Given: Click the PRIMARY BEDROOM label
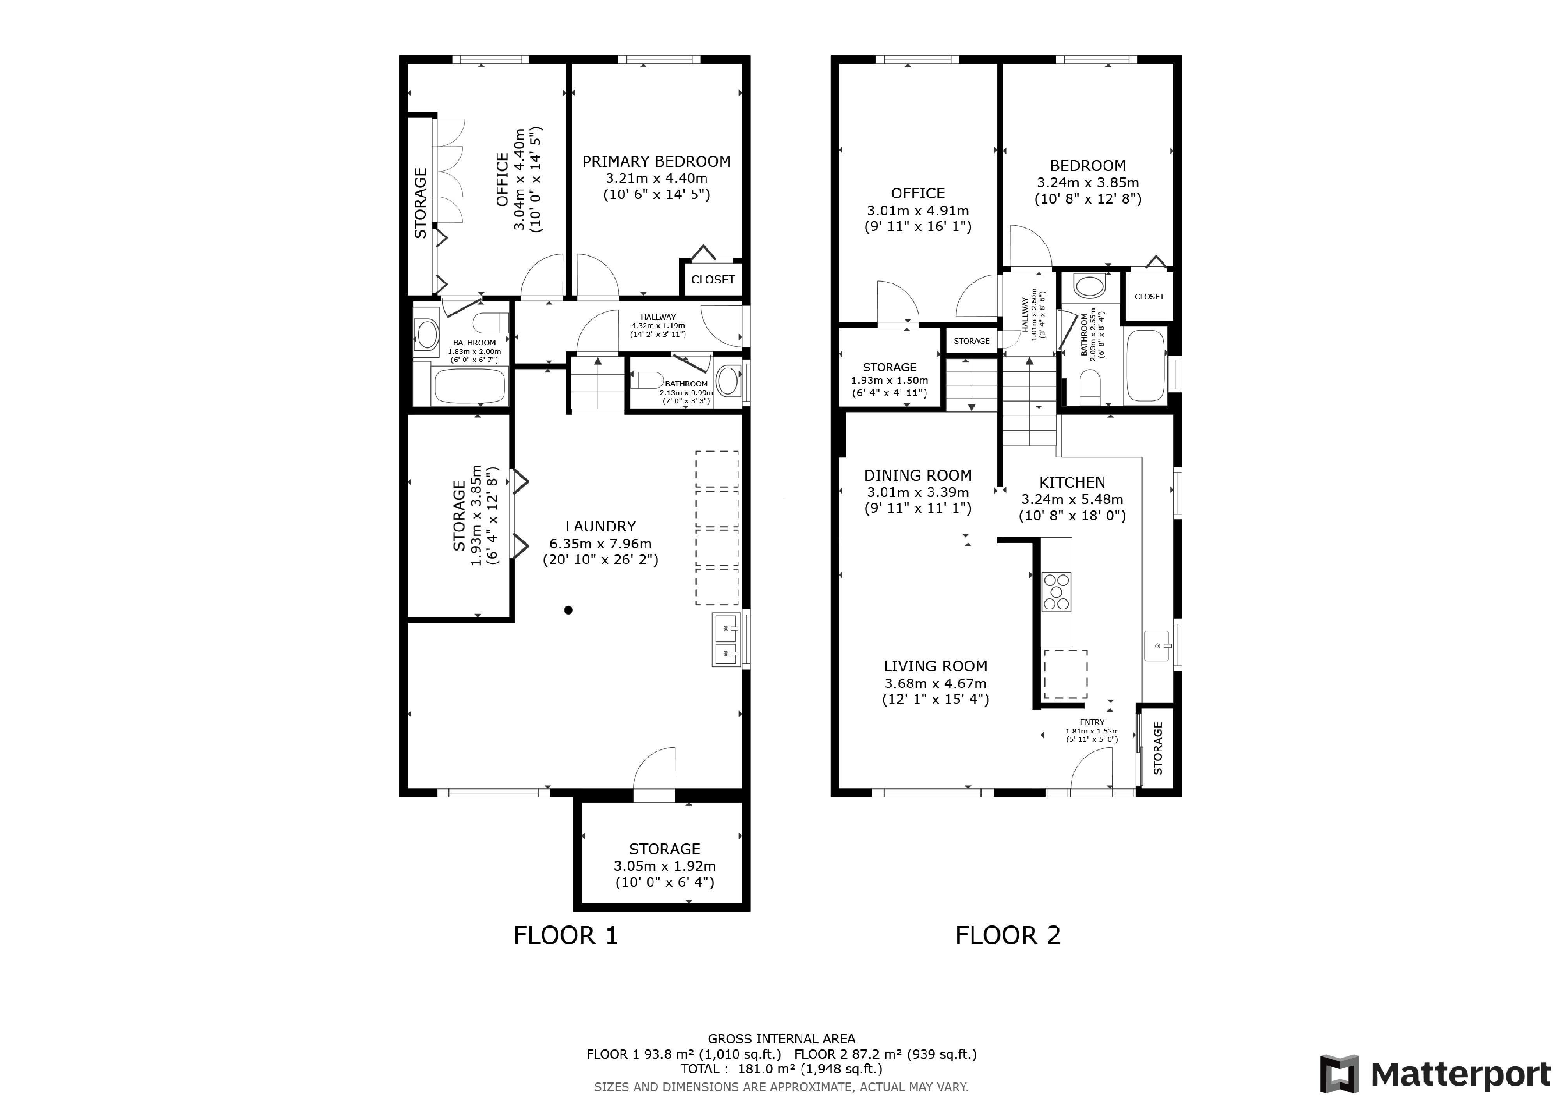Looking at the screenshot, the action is (x=656, y=161).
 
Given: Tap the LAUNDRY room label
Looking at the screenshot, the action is (x=600, y=526).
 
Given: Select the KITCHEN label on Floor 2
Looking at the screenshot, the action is (x=1071, y=482).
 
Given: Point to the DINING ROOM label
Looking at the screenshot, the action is (x=917, y=475).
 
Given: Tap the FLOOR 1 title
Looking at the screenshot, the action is (x=565, y=935).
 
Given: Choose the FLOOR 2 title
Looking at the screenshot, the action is (x=1008, y=935).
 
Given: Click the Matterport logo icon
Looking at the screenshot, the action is (x=1340, y=1074).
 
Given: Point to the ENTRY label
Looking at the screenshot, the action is (x=1092, y=722).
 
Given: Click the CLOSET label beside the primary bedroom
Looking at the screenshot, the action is (x=713, y=279).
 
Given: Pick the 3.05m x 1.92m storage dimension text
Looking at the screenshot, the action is (x=664, y=866).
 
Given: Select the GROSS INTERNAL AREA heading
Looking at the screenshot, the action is (x=781, y=1039).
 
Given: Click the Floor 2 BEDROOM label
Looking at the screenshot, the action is (x=1088, y=165).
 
